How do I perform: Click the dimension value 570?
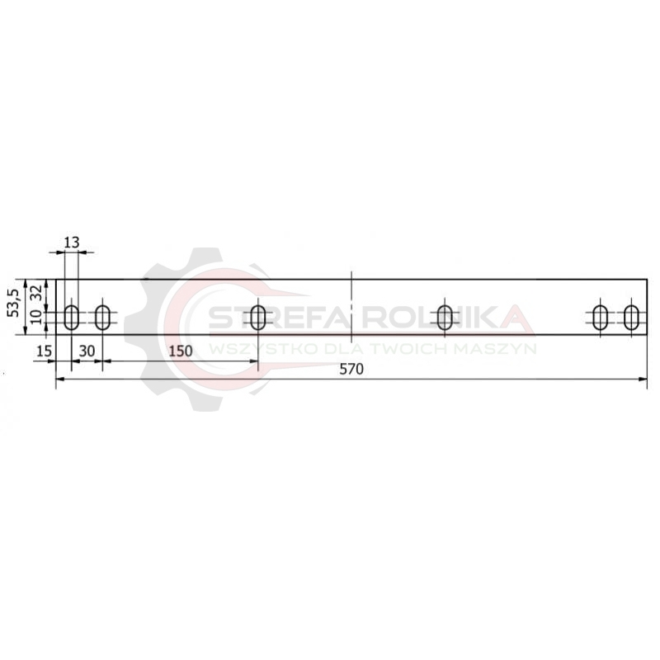(351, 369)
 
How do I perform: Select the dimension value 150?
(181, 351)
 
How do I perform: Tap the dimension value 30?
(87, 351)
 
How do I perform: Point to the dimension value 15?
(44, 351)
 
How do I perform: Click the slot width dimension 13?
(72, 243)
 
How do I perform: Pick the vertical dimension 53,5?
(15, 303)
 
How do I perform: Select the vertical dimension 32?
(37, 292)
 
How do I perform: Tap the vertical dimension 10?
(37, 317)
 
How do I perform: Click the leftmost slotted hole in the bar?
(72, 318)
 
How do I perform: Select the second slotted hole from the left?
(102, 318)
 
